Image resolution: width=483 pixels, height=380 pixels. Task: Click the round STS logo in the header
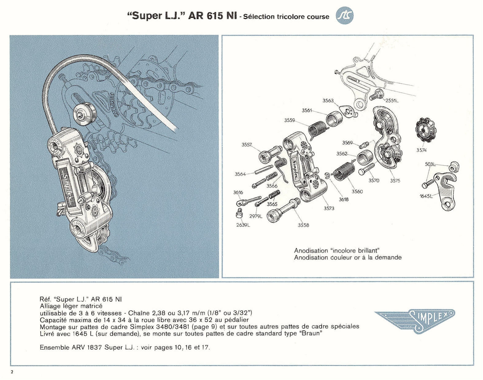pos(345,15)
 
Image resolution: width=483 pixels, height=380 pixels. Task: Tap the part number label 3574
pos(421,150)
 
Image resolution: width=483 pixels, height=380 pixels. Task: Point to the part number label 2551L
pos(392,100)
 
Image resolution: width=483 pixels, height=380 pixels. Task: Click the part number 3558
pos(303,225)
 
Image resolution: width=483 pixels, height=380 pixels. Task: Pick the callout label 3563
pos(328,100)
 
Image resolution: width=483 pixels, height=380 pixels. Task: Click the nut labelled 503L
pos(454,167)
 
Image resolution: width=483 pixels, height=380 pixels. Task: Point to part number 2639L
pos(243,225)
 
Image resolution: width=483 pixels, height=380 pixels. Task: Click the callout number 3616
pos(238,192)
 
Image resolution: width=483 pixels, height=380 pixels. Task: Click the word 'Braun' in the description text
pos(310,333)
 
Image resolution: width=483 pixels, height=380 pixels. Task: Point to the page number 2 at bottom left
pos(12,372)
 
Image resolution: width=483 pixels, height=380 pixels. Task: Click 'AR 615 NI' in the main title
pos(212,16)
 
